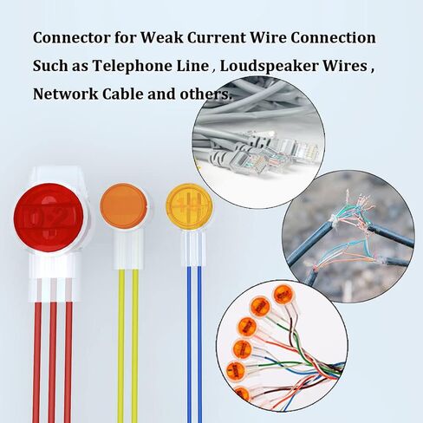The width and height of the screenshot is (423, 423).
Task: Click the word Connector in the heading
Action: pos(71,38)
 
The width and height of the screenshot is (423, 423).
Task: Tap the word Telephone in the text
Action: pos(151,66)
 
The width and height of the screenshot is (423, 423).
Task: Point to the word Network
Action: pos(66,94)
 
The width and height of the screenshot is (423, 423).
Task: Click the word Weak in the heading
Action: pos(162,38)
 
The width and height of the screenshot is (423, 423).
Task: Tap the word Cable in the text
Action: pos(123,94)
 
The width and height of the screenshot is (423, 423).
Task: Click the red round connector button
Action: pos(49,218)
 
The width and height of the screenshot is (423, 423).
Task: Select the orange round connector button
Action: pos(123,205)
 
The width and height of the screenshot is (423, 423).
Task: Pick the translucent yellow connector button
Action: pos(189,206)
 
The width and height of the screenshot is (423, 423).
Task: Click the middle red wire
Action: pos(52,362)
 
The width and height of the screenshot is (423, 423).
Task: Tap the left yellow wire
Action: pos(121,346)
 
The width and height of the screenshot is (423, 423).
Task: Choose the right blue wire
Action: pos(199,345)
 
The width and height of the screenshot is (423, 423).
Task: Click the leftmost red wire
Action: pos(36,362)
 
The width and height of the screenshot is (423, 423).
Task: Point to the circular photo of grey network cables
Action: pos(258,142)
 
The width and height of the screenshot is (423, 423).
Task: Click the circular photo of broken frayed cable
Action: pos(348,237)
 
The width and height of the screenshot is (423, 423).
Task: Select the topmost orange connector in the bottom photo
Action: pos(283,295)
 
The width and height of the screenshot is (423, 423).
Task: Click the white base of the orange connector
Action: pos(128,249)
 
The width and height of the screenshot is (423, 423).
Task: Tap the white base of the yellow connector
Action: pos(193,249)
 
